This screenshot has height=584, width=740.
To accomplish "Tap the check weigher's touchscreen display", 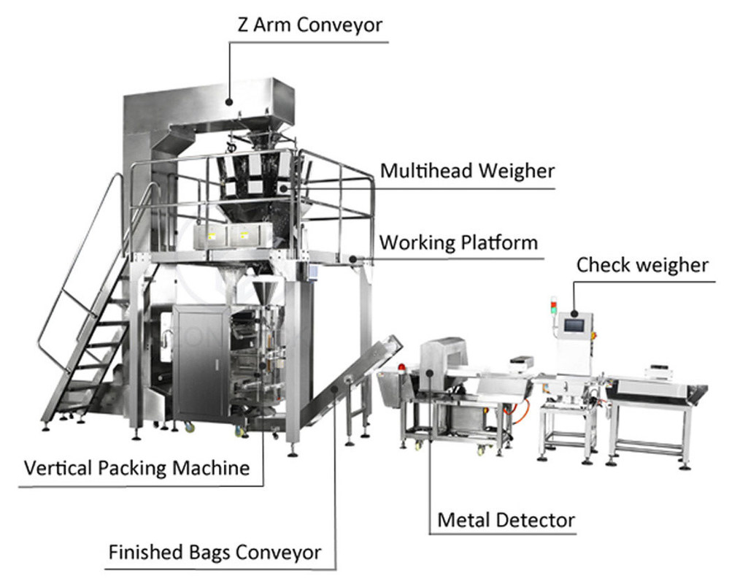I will point(575,324).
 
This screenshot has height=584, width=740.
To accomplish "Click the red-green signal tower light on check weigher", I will point(553,307).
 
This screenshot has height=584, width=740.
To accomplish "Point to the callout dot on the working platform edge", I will point(352,258).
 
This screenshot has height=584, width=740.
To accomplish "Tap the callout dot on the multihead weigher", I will point(282,188).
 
